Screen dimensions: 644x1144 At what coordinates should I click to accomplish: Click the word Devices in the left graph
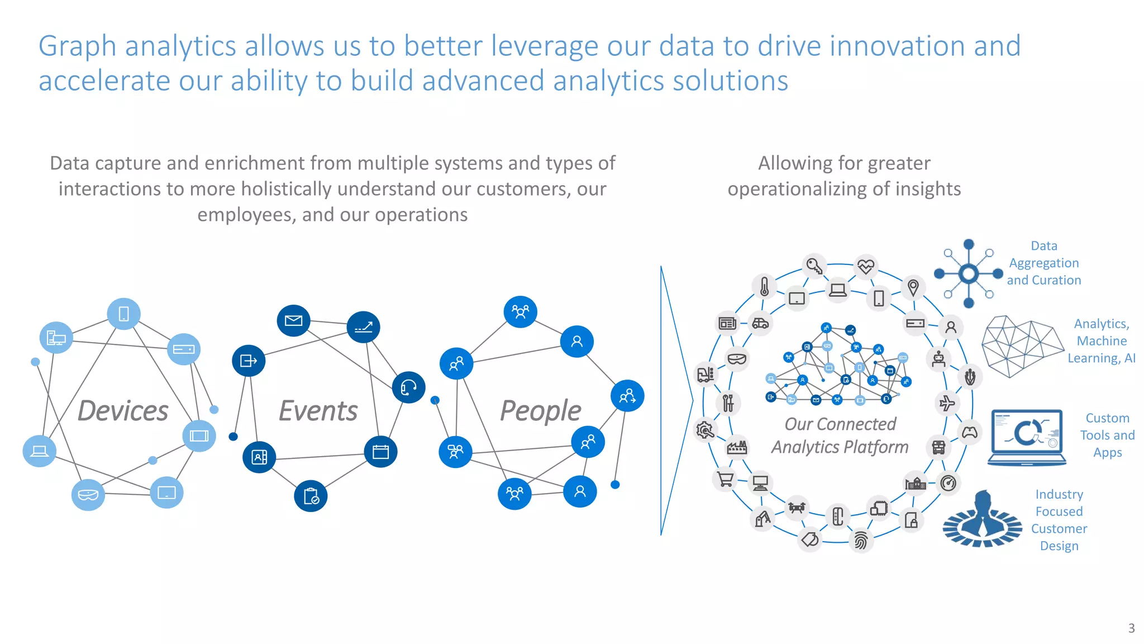point(123,411)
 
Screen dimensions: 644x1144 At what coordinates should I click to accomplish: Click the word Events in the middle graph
point(318,411)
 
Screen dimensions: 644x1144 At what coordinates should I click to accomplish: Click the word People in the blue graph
point(540,411)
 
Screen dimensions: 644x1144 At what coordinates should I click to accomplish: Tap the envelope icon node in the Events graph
point(293,320)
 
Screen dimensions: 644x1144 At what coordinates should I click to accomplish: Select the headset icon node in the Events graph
point(408,387)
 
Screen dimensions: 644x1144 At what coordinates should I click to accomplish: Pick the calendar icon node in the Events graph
point(380,452)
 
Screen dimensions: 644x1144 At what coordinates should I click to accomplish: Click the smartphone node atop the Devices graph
point(123,314)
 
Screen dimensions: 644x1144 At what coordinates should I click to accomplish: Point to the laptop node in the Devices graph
point(39,451)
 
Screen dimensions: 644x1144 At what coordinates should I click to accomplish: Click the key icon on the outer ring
point(814,266)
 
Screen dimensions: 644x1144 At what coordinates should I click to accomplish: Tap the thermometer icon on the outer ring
point(765,287)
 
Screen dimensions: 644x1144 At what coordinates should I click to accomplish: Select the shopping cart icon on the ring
point(724,480)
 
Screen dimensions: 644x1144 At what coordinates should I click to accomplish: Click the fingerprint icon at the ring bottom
point(861,541)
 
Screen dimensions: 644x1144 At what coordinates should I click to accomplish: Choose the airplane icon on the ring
point(947,402)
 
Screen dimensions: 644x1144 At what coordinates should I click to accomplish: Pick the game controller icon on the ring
point(970,432)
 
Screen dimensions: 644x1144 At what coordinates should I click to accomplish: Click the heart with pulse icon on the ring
point(866,266)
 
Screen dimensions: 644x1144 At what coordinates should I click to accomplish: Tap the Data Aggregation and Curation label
point(1043,263)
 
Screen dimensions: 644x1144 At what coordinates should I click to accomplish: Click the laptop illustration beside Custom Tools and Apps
point(1027,437)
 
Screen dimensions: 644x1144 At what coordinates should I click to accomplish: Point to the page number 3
point(1131,628)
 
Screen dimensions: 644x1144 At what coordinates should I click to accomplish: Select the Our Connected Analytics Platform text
point(840,435)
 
